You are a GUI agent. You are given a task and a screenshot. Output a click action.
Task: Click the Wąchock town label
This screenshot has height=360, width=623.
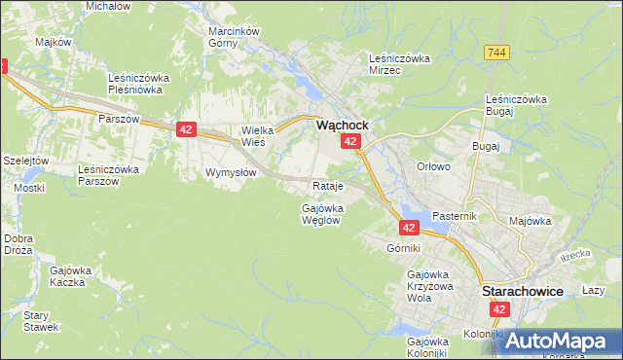(x=339, y=126)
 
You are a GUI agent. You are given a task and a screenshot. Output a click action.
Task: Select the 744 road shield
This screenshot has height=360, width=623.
(x=496, y=52)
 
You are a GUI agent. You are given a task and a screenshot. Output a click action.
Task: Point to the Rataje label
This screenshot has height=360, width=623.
(x=327, y=185)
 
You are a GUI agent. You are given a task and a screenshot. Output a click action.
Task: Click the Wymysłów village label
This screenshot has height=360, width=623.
(x=231, y=172)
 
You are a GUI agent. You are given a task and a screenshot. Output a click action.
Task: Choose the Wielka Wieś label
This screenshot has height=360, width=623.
(x=260, y=135)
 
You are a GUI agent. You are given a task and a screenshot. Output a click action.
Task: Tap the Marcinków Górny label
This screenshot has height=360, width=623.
(x=235, y=37)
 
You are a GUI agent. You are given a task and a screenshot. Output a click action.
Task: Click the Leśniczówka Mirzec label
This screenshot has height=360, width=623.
(x=399, y=64)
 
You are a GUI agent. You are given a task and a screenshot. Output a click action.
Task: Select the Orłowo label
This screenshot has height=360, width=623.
(x=433, y=166)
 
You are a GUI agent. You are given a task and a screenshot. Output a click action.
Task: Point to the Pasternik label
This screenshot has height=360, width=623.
(x=455, y=216)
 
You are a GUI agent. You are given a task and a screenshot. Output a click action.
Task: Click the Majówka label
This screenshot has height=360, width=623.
(x=530, y=221)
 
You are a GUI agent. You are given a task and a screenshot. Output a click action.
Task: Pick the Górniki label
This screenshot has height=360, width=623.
(x=403, y=248)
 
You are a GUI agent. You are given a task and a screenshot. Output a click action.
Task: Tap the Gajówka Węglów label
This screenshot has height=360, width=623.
(x=321, y=213)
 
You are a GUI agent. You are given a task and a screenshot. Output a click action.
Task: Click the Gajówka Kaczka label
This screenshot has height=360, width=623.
(x=69, y=276)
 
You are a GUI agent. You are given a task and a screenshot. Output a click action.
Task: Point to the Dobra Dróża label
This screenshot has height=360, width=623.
(x=18, y=243)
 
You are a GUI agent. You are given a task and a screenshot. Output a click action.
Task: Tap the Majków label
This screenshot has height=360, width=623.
(x=54, y=43)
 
